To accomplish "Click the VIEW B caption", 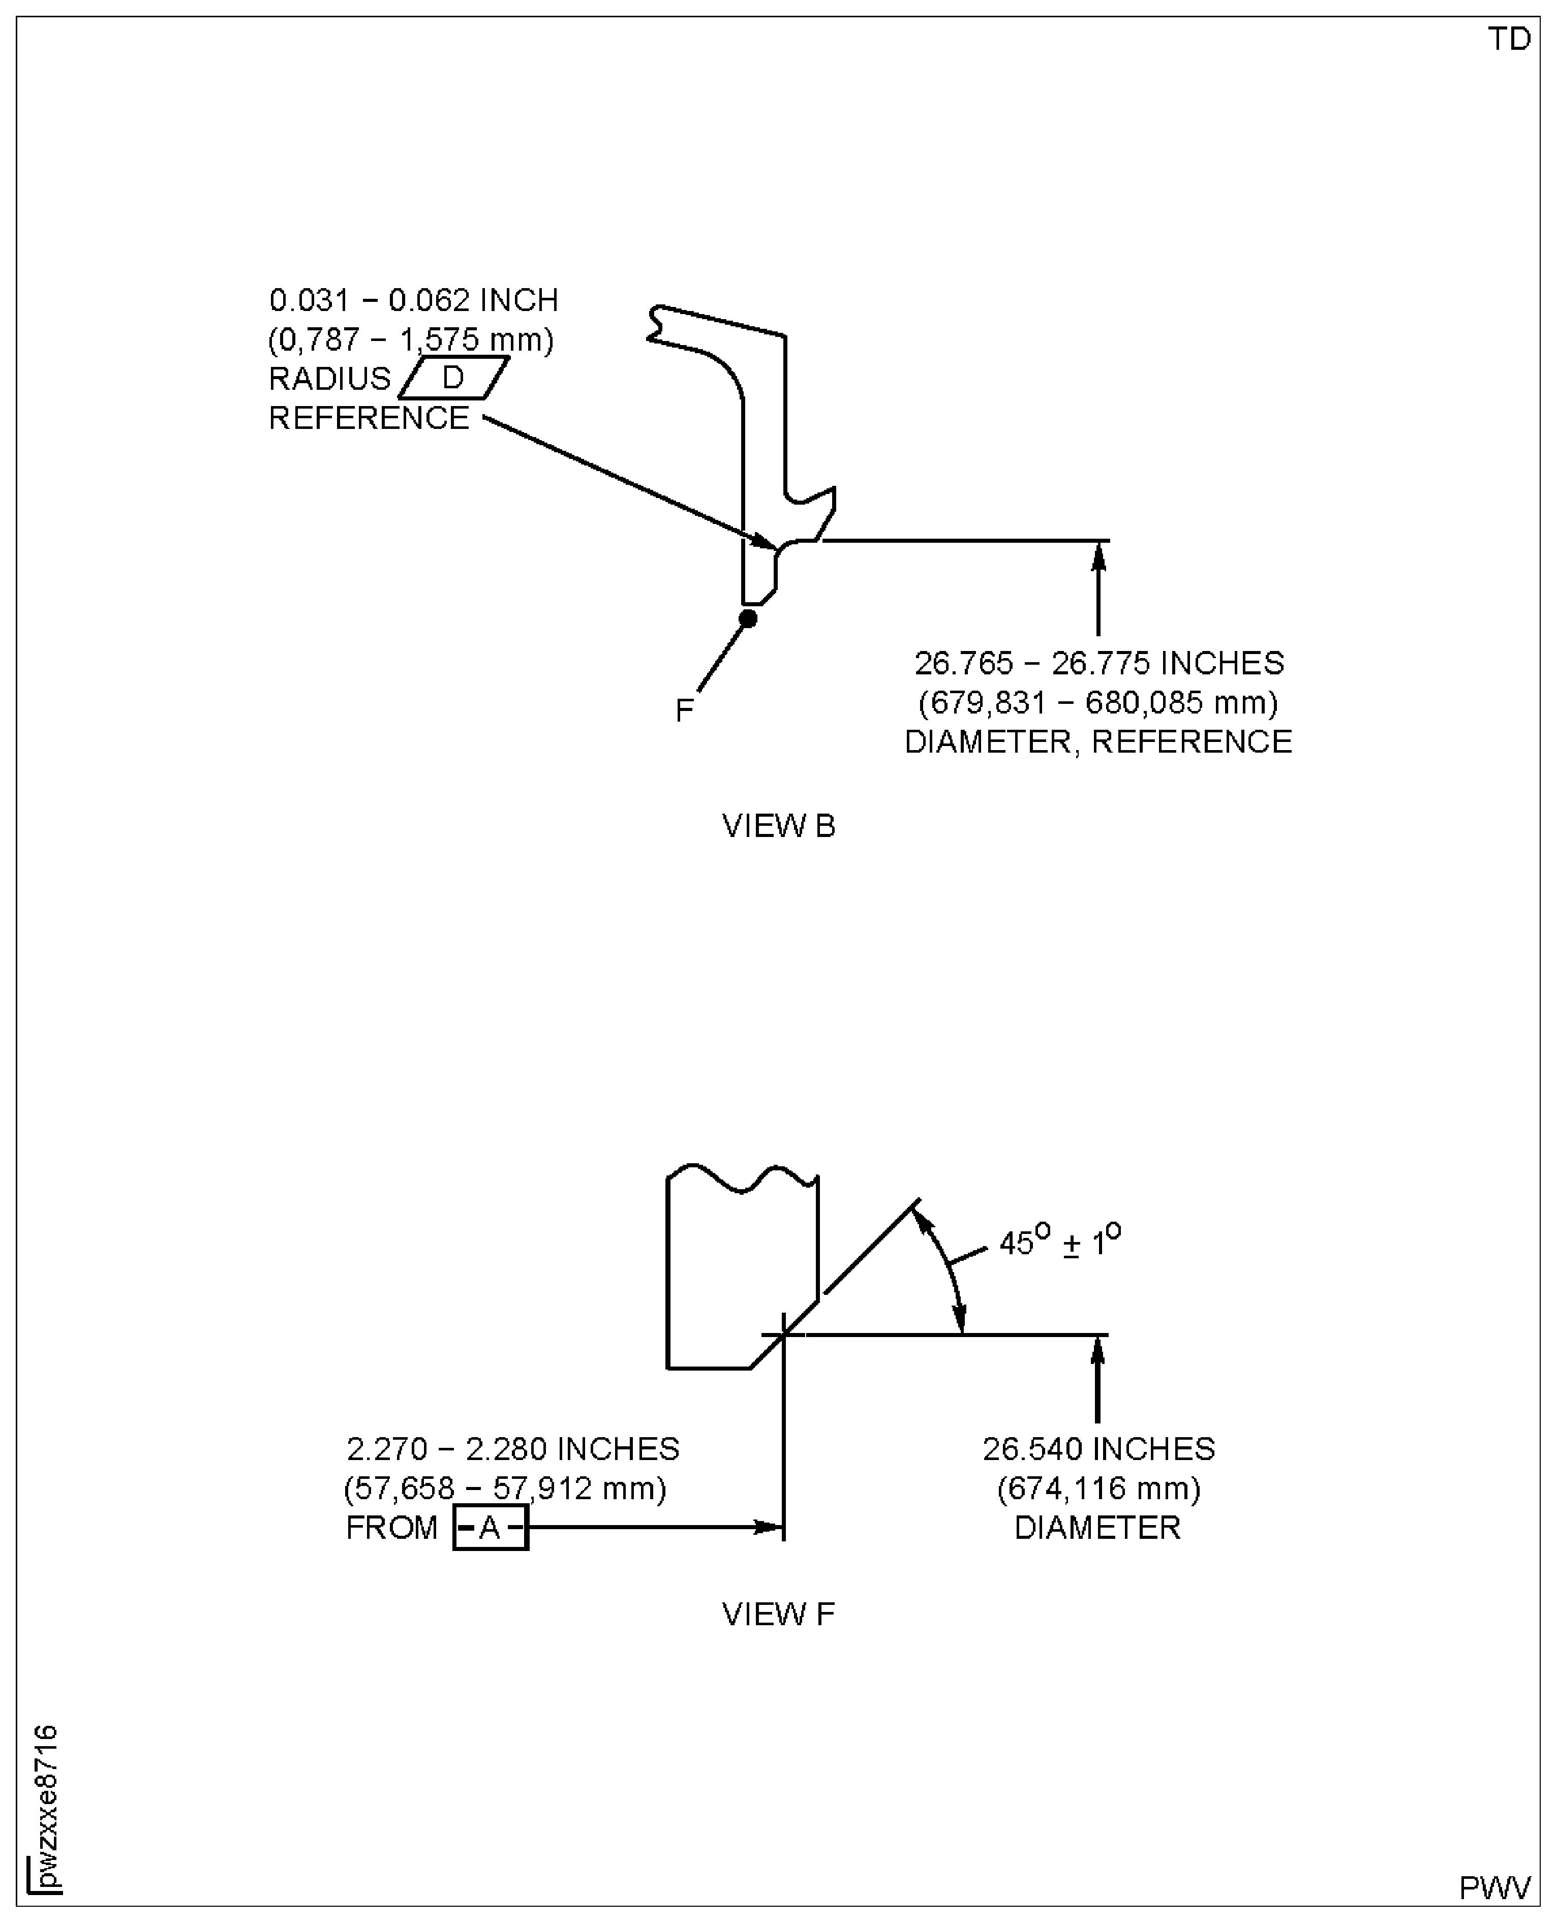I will click(779, 826).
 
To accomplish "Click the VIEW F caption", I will click(779, 1614).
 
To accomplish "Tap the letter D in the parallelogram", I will click(453, 378).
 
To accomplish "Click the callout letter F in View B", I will click(684, 711).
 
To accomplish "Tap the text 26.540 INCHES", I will click(1098, 1449).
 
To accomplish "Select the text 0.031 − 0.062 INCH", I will click(413, 299).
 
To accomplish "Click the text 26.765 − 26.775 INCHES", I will click(1098, 663).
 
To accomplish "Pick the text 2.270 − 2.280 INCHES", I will click(513, 1449).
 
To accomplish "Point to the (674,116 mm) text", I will click(1098, 1488).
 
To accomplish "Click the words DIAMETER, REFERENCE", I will click(1098, 741).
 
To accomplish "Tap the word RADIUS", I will click(330, 378).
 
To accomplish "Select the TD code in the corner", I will click(1509, 40).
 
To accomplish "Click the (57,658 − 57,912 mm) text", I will click(505, 1488).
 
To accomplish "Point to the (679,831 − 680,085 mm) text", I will click(1098, 702).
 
